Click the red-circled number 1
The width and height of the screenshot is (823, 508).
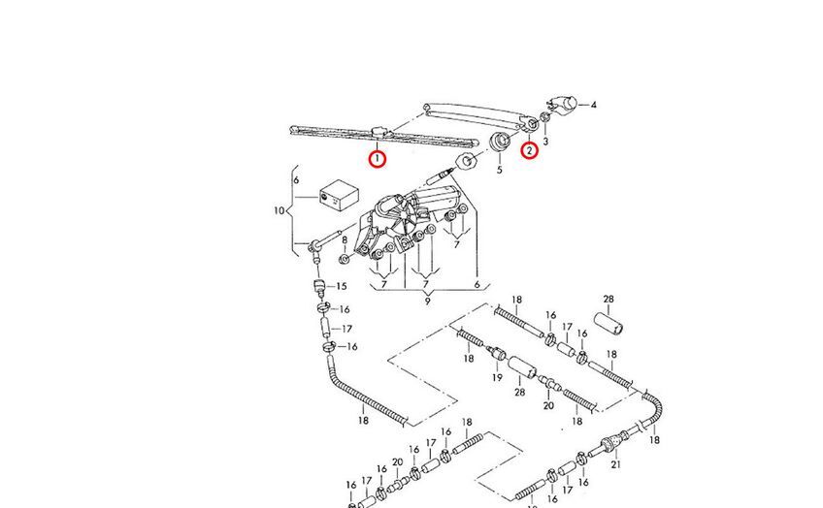378,157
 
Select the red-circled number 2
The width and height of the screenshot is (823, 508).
529,149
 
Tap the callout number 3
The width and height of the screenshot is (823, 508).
545,142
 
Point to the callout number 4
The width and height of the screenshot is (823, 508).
593,105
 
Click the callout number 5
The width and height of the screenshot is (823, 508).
500,170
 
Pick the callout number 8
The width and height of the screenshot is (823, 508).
344,227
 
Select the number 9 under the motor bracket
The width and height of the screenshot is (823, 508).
426,302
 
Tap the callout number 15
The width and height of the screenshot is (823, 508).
341,286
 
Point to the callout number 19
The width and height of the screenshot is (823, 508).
497,377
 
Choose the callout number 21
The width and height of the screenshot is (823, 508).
615,464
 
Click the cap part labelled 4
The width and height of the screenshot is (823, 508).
563,103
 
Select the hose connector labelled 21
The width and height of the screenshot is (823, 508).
611,446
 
